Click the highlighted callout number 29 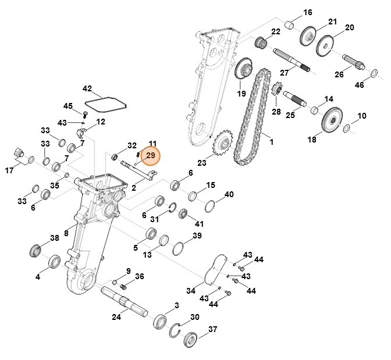point(151,156)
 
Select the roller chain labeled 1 point(250,116)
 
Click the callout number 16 point(308,12)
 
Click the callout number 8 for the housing point(66,233)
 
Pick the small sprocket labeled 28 point(277,92)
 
